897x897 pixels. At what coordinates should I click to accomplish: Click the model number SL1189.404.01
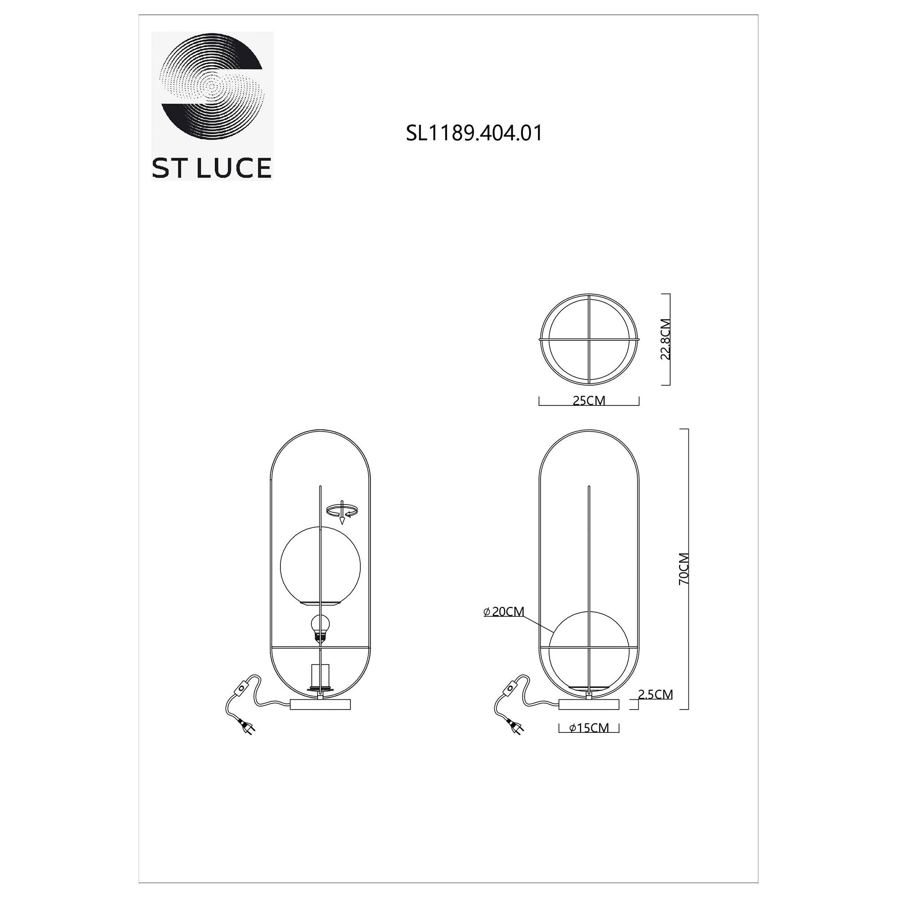pyautogui.click(x=474, y=134)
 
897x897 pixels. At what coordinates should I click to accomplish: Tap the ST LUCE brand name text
pyautogui.click(x=212, y=168)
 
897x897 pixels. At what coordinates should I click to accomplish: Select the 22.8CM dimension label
pyautogui.click(x=665, y=340)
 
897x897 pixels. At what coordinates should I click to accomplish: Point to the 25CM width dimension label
pyautogui.click(x=589, y=400)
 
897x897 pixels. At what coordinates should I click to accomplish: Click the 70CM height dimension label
pyautogui.click(x=684, y=569)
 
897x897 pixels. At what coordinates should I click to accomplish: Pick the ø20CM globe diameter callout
pyautogui.click(x=504, y=611)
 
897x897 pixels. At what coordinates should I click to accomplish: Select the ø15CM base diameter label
pyautogui.click(x=589, y=727)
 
